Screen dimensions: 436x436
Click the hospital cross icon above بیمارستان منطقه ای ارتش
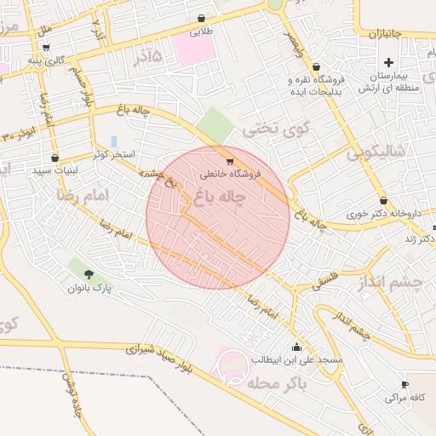(389, 62)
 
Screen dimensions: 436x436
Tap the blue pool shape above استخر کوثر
(113, 141)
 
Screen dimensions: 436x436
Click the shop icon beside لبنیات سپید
(55, 158)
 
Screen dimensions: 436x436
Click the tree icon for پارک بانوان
(89, 274)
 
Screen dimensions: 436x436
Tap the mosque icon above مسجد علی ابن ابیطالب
(296, 347)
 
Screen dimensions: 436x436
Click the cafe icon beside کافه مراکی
(404, 384)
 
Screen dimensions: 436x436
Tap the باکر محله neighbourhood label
(278, 383)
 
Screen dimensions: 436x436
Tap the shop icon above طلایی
(201, 18)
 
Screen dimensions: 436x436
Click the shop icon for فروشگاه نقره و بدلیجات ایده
(316, 66)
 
